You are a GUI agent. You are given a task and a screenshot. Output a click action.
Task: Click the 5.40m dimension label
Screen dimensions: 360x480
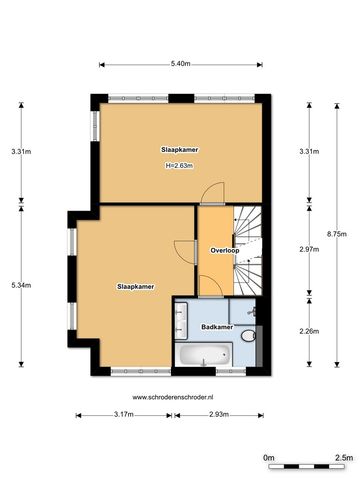[x=180, y=64]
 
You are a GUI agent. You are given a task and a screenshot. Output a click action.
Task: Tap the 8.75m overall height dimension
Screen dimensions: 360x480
[x=337, y=234]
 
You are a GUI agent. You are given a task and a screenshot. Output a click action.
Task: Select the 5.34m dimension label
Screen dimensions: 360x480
[x=21, y=285]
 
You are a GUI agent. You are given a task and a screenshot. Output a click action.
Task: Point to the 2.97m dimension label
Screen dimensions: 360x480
[x=309, y=249]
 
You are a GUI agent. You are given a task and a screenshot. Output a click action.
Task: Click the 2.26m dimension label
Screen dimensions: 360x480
[x=309, y=331]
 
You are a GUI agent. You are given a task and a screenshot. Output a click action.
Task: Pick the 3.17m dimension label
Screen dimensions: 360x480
[x=124, y=415]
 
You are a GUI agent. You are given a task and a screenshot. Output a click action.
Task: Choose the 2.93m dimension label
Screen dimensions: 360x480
[x=219, y=415]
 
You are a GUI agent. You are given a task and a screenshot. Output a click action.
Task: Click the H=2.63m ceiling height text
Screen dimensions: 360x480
[x=180, y=165]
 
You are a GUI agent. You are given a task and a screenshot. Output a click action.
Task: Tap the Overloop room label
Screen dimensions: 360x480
[x=225, y=250]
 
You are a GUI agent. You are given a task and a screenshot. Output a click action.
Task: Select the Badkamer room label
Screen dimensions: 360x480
[x=217, y=327]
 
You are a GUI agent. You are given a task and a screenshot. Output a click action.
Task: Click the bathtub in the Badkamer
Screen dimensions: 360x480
[x=204, y=354]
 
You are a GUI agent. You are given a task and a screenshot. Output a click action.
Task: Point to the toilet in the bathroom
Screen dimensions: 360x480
[x=249, y=336]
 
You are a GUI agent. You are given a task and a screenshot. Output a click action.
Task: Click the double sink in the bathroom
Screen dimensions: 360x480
[x=181, y=320]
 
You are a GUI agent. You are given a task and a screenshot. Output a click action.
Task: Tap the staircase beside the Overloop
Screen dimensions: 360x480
[x=247, y=250]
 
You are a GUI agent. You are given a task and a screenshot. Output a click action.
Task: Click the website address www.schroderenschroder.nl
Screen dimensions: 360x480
[x=173, y=397]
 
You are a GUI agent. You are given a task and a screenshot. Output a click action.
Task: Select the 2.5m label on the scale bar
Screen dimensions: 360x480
[x=343, y=458]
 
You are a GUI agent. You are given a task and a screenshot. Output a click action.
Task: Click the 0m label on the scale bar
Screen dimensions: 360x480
[x=268, y=458]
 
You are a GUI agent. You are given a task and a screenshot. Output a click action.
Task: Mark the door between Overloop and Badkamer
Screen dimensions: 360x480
[x=211, y=287]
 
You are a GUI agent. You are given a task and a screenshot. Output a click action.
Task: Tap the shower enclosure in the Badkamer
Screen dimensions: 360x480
[x=242, y=311]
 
